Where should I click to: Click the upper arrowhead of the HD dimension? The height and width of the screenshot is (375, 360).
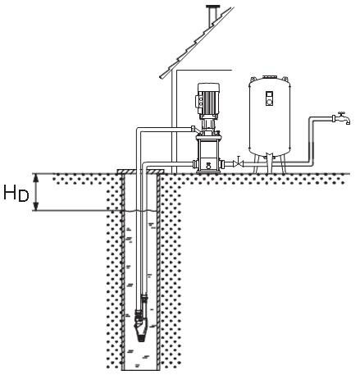point(36,177)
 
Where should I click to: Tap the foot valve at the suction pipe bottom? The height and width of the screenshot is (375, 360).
point(139,327)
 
